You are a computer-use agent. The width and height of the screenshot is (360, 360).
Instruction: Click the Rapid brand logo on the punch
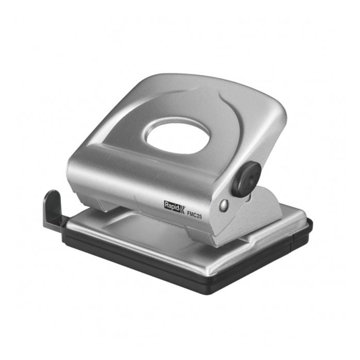pyautogui.click(x=174, y=207)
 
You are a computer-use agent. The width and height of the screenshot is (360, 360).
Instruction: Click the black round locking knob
pyautogui.click(x=246, y=179)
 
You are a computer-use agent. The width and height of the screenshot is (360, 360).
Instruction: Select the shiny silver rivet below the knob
pyautogui.click(x=224, y=205)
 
